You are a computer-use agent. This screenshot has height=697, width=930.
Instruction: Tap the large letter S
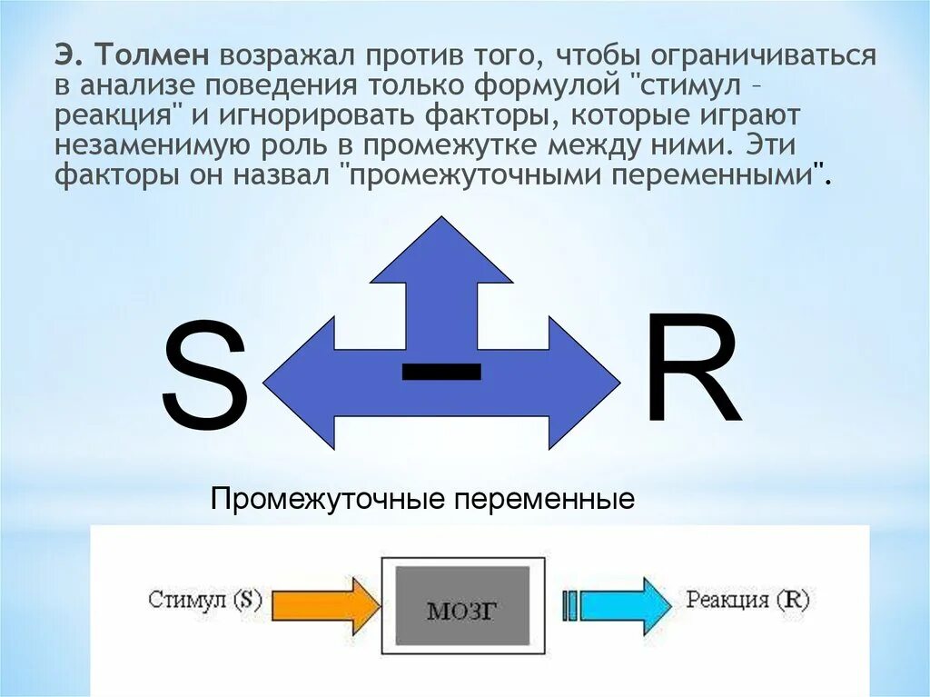click(x=204, y=379)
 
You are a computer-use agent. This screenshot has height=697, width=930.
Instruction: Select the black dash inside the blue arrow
click(x=441, y=371)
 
